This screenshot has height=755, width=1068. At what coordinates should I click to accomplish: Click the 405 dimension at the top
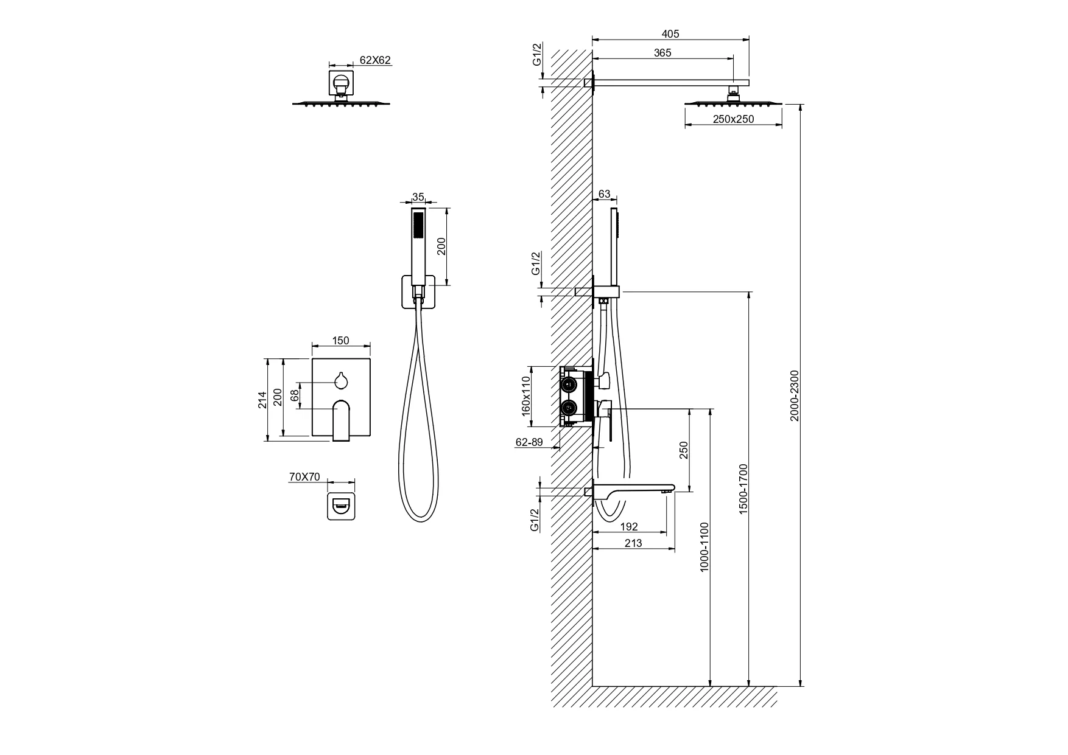pos(670,34)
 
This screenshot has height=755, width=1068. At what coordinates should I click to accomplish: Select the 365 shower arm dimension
pos(662,53)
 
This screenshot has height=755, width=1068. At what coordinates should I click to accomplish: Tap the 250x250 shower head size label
pos(733,119)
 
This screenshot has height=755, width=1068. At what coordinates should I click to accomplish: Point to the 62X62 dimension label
pos(376,60)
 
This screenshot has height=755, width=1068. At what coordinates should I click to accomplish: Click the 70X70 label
pos(304,477)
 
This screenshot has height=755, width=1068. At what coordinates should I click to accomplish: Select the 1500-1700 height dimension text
pos(743,489)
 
